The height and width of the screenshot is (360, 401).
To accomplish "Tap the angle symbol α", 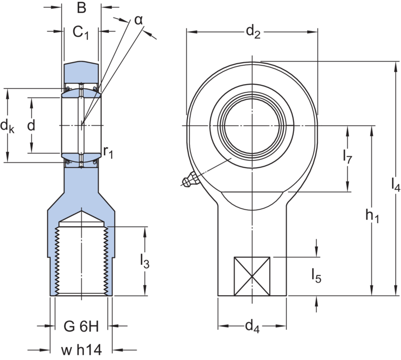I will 139,21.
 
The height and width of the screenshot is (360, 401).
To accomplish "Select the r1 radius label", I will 108,153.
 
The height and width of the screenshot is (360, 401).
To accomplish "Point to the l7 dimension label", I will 348,158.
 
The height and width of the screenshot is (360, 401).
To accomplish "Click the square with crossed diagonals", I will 252,276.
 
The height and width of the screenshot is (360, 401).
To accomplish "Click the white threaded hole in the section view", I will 82,261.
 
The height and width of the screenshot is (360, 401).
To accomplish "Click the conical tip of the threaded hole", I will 82,219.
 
